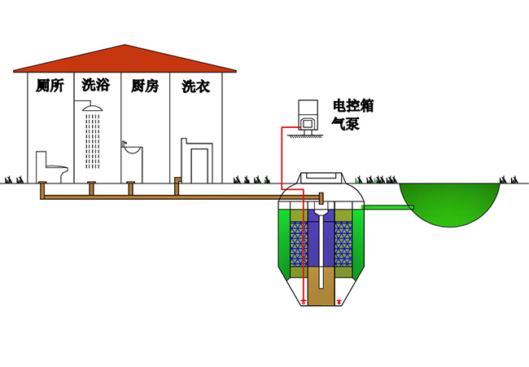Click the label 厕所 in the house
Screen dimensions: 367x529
[50, 86]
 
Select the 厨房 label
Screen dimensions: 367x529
[144, 86]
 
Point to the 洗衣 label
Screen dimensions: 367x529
[195, 86]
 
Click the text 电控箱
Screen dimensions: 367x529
[353, 106]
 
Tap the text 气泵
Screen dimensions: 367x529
[344, 124]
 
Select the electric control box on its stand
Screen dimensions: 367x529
[308, 114]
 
